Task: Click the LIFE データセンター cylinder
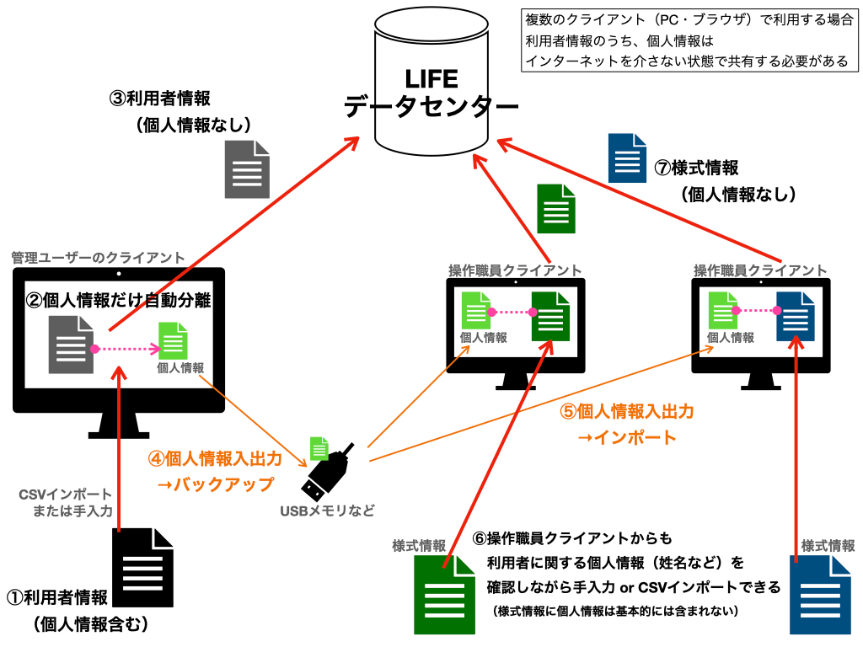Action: click(x=431, y=83)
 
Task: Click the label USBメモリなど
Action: click(x=328, y=511)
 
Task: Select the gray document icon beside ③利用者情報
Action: click(x=247, y=169)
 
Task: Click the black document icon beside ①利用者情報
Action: click(x=142, y=567)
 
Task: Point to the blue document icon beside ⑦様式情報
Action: click(x=627, y=158)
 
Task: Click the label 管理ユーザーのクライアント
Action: click(x=98, y=258)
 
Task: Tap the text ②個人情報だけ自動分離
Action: click(x=118, y=300)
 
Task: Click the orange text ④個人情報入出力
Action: click(x=215, y=458)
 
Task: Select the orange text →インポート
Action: click(x=626, y=437)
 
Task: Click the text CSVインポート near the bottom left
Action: click(x=65, y=495)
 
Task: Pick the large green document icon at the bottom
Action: click(x=445, y=595)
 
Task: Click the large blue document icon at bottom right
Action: click(x=820, y=595)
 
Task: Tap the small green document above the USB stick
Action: click(x=319, y=448)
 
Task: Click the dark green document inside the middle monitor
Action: click(x=550, y=317)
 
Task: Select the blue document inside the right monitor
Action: click(x=796, y=317)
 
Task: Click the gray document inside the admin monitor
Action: click(x=71, y=345)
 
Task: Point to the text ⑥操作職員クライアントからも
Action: click(x=572, y=538)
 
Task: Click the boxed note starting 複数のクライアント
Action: click(x=689, y=40)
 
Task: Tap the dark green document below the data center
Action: click(x=556, y=209)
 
